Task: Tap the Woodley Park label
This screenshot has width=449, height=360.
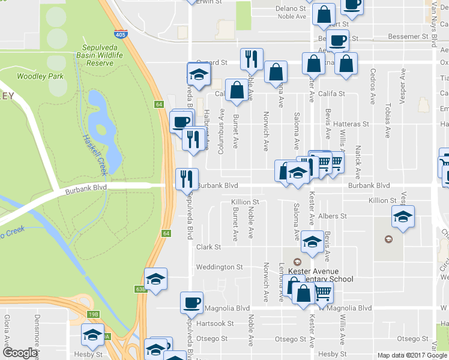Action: pos(40,76)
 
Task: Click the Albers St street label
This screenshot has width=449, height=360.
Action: pos(335,216)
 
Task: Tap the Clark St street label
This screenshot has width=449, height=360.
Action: pos(209,247)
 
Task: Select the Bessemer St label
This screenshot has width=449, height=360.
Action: pos(395,37)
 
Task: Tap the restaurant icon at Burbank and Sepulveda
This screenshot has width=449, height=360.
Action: pos(186,178)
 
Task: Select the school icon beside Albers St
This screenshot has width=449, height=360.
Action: pos(403,217)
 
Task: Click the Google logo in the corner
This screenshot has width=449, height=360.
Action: pos(20,353)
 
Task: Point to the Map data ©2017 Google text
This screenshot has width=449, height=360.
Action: pos(412,355)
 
